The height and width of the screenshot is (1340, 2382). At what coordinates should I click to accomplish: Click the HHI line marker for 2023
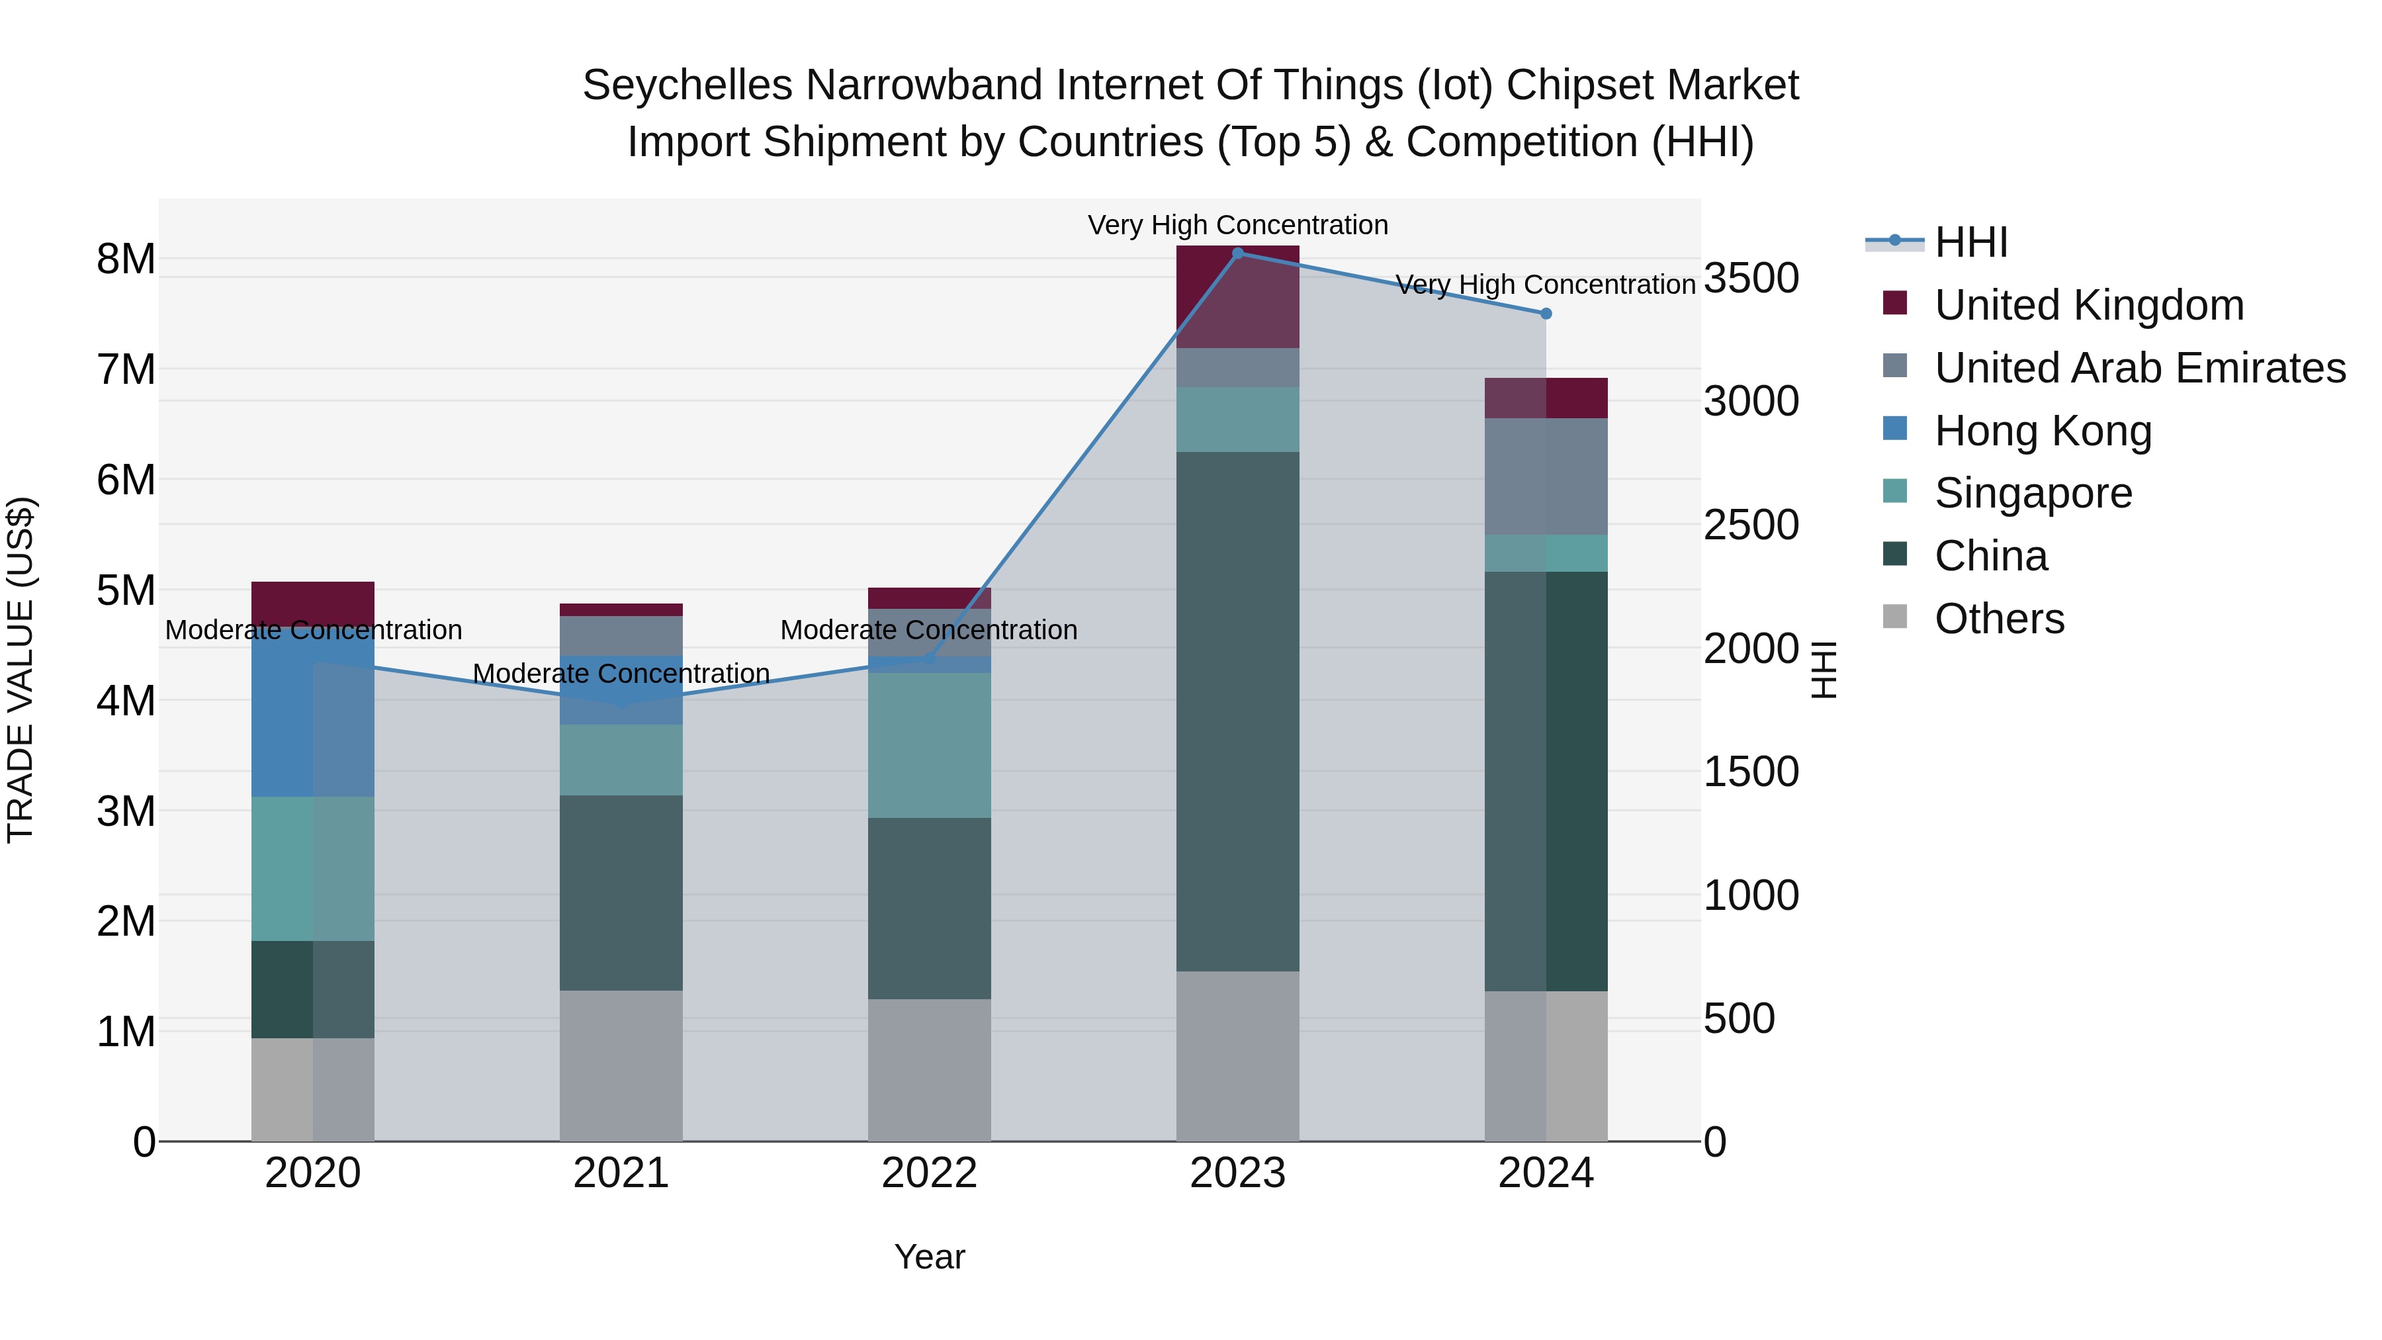tap(1238, 253)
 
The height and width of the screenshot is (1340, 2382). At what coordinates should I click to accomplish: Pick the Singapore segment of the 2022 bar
tap(930, 744)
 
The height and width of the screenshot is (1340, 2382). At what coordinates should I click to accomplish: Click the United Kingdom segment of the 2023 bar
tap(1237, 296)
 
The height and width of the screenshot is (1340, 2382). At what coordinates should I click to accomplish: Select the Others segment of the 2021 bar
tap(621, 1065)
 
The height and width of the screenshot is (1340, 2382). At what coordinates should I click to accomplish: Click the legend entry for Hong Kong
tap(2043, 430)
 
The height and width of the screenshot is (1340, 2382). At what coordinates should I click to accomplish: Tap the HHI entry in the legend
tap(1970, 242)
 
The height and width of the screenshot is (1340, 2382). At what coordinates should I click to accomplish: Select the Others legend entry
tap(1998, 619)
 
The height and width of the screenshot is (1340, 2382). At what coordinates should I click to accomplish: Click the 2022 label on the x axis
tap(930, 1173)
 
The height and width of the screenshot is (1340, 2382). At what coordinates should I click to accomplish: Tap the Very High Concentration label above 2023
tap(1237, 225)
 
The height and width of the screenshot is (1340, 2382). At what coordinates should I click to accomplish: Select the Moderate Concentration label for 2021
tap(621, 673)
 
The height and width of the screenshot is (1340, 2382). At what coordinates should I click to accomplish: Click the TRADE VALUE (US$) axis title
tap(21, 670)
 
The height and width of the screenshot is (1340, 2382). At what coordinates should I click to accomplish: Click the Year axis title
tap(930, 1257)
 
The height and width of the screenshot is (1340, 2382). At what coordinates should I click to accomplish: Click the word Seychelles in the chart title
tap(687, 85)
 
